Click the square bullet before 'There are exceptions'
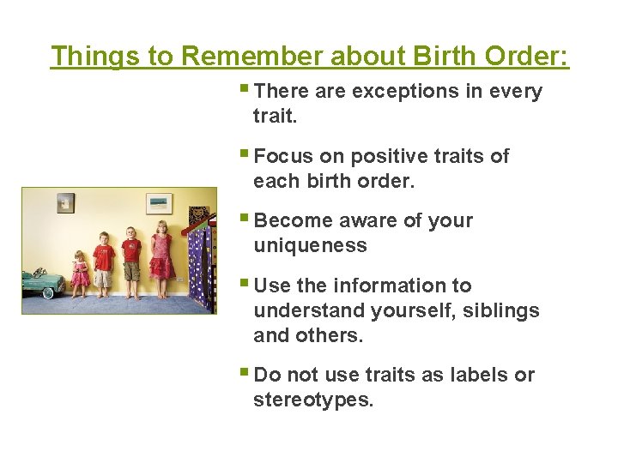coord(247,90)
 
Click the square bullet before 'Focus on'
coord(247,155)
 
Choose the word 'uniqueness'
coord(310,245)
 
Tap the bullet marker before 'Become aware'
coord(247,219)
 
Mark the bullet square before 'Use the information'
coord(247,285)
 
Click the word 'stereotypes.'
coord(313,400)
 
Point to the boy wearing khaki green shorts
coord(131,262)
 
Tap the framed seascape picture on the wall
coord(159,203)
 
